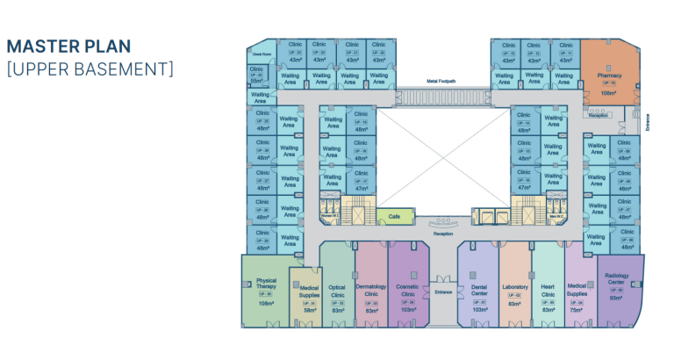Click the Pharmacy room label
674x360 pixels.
click(x=609, y=76)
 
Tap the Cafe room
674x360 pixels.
click(x=395, y=215)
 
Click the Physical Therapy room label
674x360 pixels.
click(x=266, y=284)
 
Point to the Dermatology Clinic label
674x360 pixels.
click(x=372, y=291)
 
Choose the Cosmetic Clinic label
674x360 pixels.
click(x=407, y=291)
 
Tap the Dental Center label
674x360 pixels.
click(x=478, y=290)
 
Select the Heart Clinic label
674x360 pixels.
click(x=549, y=290)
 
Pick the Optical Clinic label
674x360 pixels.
click(x=337, y=291)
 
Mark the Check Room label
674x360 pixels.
click(x=259, y=54)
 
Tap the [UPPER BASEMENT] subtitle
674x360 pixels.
click(x=90, y=68)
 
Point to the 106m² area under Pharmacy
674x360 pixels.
click(x=609, y=92)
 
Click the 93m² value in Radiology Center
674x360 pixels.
click(x=617, y=298)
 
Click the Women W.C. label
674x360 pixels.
click(x=331, y=214)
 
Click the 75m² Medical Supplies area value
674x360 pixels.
click(x=577, y=310)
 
